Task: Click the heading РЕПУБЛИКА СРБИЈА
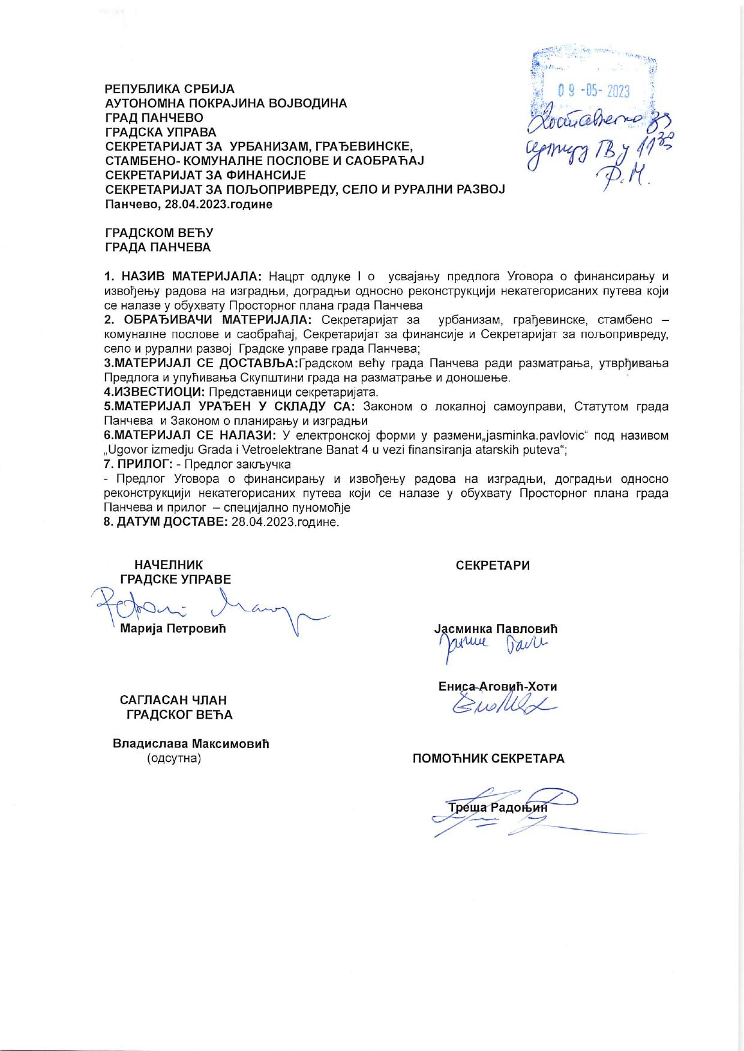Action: tap(170, 89)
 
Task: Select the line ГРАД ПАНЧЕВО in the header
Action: tap(154, 118)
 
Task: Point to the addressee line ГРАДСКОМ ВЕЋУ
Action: tap(159, 233)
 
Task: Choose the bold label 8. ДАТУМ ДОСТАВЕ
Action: tap(166, 522)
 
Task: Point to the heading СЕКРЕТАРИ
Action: tap(493, 566)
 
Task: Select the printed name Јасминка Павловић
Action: tap(496, 629)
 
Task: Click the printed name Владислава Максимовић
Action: tap(191, 744)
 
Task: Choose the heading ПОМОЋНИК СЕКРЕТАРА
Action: tap(488, 758)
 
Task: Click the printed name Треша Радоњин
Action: tap(499, 807)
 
